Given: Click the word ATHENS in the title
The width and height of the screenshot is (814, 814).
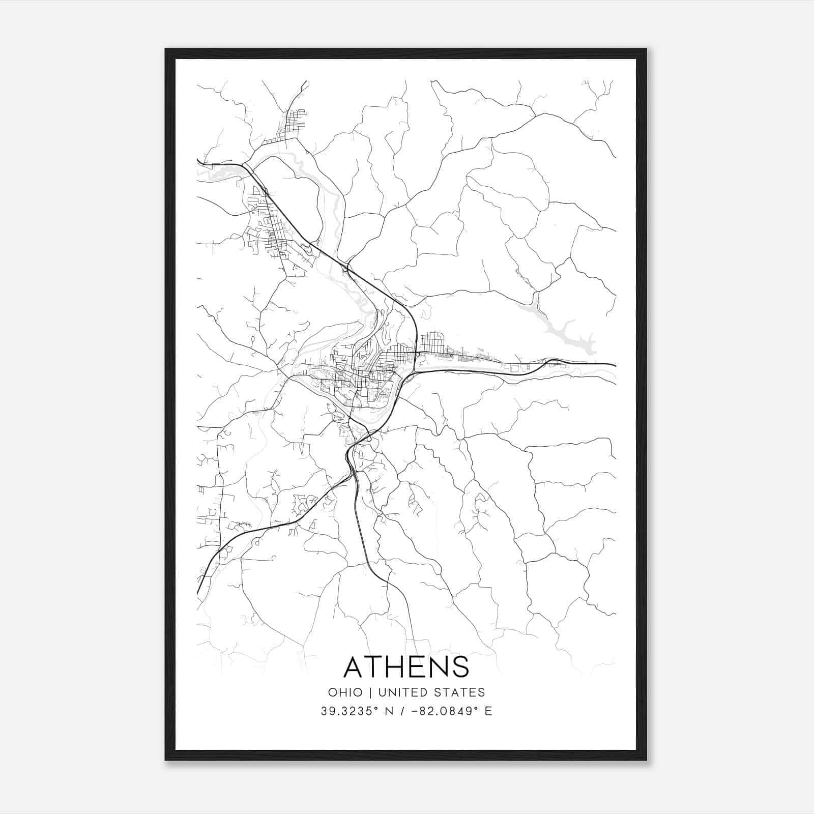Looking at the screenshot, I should (x=406, y=666).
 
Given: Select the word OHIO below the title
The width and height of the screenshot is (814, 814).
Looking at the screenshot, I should (x=345, y=692).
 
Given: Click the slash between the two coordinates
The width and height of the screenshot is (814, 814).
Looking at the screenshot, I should (x=402, y=711).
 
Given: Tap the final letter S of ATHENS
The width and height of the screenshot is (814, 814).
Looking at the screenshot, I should (x=460, y=666).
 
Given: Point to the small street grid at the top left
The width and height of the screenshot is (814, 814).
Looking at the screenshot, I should (x=292, y=125).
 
